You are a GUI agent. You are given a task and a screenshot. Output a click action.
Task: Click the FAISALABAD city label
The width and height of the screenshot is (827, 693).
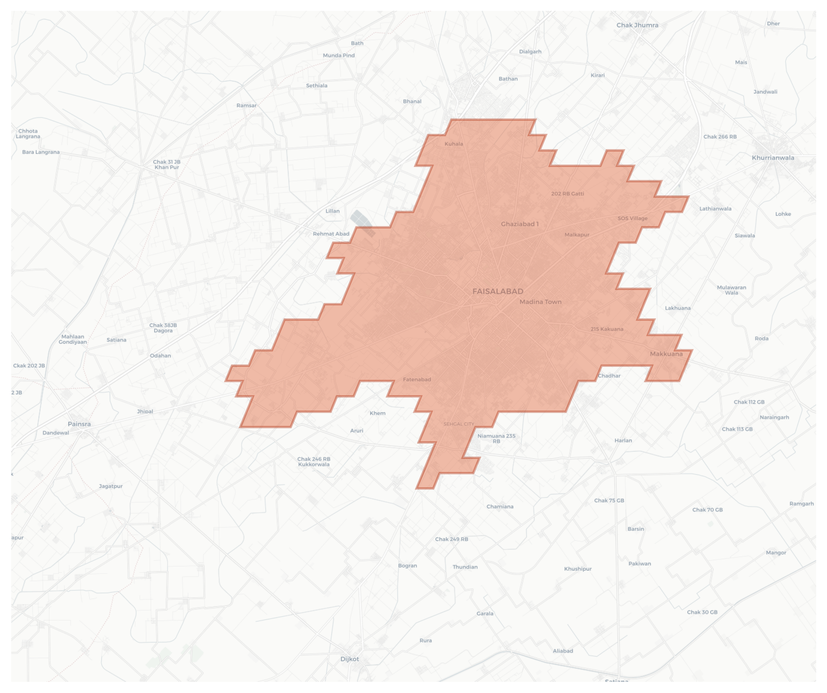coord(498,292)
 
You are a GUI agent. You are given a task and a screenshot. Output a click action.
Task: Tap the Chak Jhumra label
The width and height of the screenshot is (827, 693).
coord(637,25)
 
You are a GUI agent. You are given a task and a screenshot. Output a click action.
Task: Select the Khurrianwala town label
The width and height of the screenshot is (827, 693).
coord(773,158)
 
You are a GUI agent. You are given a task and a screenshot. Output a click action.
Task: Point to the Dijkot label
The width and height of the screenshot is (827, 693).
coord(349,659)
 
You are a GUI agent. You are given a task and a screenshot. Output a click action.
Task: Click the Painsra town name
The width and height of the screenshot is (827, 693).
coord(79,424)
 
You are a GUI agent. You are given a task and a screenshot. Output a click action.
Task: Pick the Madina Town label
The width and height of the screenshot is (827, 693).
coord(540,302)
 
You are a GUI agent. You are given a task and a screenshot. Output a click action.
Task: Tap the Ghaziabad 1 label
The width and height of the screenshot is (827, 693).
coord(520,224)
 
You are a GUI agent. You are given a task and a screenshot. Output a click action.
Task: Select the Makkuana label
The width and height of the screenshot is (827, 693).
coord(666,354)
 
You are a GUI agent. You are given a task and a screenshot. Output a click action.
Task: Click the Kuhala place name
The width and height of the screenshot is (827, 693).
coord(454,144)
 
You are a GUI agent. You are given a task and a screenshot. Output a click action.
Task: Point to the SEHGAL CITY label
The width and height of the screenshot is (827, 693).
coord(459,424)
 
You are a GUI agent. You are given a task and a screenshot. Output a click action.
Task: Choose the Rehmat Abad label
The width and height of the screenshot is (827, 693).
coord(331,234)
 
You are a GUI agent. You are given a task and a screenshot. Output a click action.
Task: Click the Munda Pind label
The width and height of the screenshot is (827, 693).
coord(339,56)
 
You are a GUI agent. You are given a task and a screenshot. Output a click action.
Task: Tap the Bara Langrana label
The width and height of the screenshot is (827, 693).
coord(41,152)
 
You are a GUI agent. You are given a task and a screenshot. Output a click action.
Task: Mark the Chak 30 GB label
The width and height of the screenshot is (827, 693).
coord(702,612)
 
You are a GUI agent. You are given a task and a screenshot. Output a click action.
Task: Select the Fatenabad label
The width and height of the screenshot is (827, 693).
coord(417,379)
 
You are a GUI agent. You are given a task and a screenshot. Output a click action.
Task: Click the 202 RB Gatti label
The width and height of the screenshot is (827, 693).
coord(568,194)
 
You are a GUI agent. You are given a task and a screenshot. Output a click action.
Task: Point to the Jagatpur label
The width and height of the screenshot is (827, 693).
coord(111,486)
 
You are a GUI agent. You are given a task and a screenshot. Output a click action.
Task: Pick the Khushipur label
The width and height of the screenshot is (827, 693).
coord(578,568)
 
